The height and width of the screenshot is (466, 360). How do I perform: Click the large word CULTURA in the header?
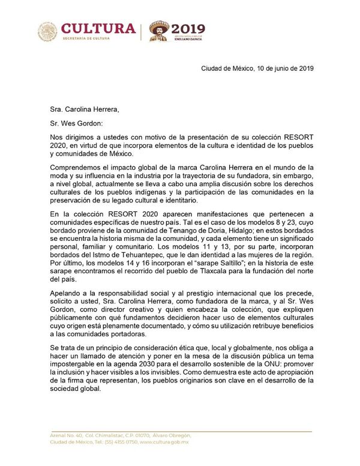coord(99,28)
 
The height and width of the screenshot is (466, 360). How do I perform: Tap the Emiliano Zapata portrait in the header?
coord(160,31)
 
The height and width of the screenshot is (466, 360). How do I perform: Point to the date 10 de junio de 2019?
coord(281,68)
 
